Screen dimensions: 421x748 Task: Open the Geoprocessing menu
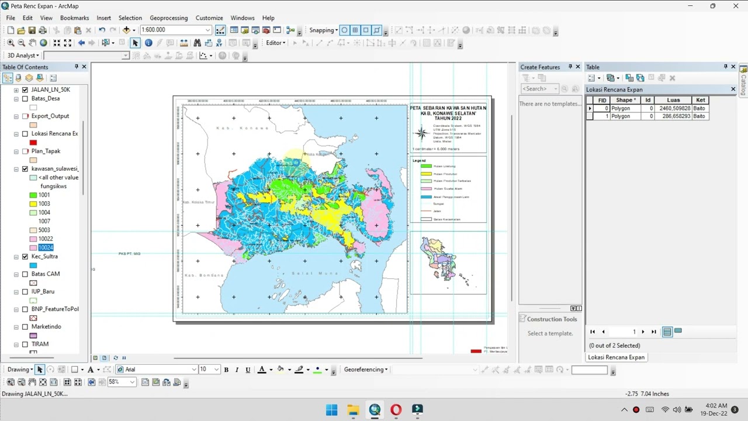coord(168,18)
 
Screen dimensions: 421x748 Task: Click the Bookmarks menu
coord(74,18)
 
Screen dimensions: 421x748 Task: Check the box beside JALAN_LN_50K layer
coord(25,89)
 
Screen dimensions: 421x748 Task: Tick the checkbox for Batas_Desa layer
coord(25,99)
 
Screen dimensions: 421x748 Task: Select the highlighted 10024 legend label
coord(46,248)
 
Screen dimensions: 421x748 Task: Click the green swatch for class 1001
coord(33,195)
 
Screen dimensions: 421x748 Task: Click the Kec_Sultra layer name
coord(44,257)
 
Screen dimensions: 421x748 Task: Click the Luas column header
coord(673,100)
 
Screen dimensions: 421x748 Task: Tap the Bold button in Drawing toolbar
coord(226,370)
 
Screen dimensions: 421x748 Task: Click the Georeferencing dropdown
coord(366,370)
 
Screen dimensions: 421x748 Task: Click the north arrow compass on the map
coord(421,133)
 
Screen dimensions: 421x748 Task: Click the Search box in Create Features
coord(539,89)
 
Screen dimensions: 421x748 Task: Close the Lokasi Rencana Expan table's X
coord(733,89)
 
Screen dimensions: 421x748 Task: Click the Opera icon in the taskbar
coord(396,410)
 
